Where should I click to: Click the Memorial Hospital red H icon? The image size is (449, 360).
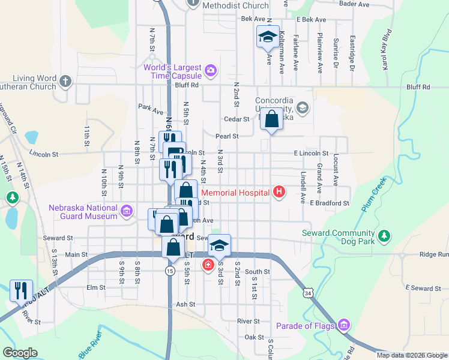tap(279, 193)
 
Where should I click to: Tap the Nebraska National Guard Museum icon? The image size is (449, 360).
tap(126, 211)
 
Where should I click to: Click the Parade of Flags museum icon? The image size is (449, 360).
tap(343, 326)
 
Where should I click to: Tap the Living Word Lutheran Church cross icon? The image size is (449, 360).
tap(65, 80)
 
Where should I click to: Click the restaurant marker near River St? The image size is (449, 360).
tap(22, 290)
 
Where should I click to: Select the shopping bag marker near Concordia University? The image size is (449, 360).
tap(271, 118)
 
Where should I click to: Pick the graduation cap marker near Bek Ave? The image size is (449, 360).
tap(268, 37)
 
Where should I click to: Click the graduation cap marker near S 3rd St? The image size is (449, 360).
tap(220, 245)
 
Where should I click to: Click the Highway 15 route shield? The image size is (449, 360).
tap(170, 271)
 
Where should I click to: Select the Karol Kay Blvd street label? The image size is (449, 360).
tap(388, 49)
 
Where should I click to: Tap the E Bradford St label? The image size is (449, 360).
tap(330, 203)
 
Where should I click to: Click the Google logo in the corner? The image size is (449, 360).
tap(20, 353)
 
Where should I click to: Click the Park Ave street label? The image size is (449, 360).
tap(151, 109)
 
